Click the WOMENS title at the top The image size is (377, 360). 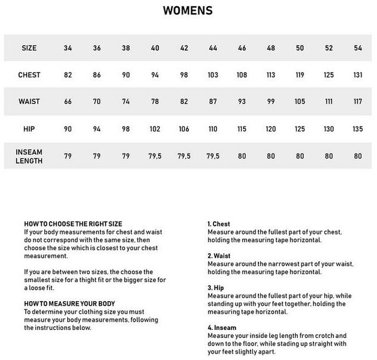pos(187,11)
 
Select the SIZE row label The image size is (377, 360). pos(29,47)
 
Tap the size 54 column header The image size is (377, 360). pos(358,47)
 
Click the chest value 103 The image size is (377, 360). pos(213,74)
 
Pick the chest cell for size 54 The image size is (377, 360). pos(358,74)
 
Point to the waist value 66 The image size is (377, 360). pos(68,101)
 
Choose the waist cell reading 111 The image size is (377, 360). pos(328,101)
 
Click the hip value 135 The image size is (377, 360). pos(358,128)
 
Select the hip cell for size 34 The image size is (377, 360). pos(68,128)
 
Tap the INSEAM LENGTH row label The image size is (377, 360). pos(29,155)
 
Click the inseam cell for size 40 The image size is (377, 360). pos(155,155)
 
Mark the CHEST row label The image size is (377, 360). pos(29,74)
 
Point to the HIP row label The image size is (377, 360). pos(29,128)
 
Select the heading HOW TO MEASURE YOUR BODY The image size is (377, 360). pos(70,304)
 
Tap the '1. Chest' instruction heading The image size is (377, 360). pos(218,223)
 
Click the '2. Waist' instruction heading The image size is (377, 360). pos(218,256)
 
